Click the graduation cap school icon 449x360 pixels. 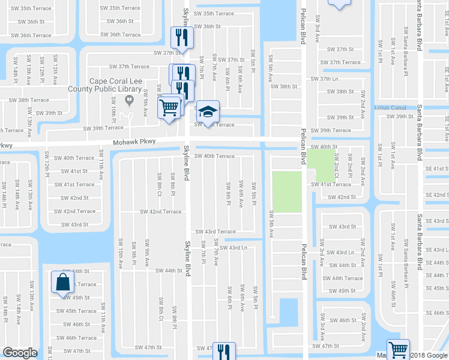pos(207,112)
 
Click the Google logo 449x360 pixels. pos(20,353)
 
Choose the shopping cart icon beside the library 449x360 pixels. pos(170,107)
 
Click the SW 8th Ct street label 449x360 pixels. pos(159,184)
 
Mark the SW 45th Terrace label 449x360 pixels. pos(76,311)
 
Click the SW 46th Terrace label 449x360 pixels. pos(76,338)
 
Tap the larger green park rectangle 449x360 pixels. pos(287,191)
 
